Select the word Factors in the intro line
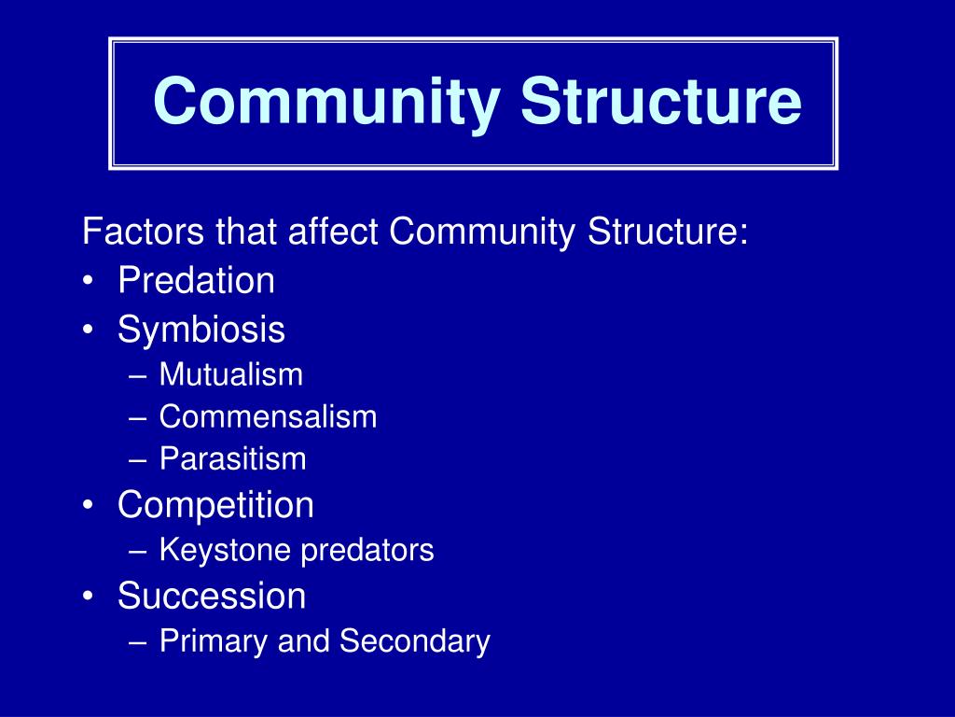(x=144, y=232)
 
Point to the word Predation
(x=196, y=280)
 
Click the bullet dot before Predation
(x=88, y=282)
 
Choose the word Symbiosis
(x=201, y=330)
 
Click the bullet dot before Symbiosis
(x=88, y=330)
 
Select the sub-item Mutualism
(x=231, y=375)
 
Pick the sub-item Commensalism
(x=268, y=416)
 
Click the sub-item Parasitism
(x=232, y=458)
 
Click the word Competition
(x=215, y=505)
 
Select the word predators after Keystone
(x=367, y=551)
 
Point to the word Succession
(x=212, y=596)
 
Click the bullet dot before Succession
(x=88, y=597)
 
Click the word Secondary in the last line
(x=414, y=641)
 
